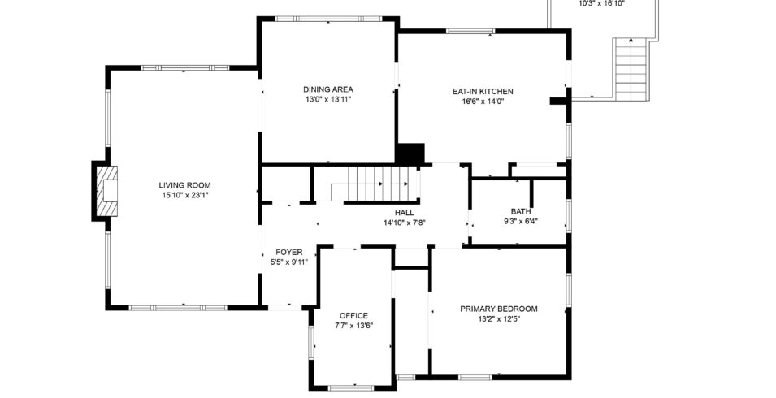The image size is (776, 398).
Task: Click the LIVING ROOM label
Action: [x=184, y=185]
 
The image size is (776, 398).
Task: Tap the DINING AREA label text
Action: [x=328, y=89]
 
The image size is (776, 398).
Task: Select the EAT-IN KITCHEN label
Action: [x=483, y=92]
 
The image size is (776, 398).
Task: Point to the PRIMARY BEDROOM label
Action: [x=498, y=309]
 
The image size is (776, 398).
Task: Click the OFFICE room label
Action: [x=353, y=315]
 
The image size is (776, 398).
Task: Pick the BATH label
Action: [x=521, y=212]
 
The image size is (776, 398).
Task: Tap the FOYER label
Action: [x=289, y=252]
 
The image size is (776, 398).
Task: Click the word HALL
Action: [x=405, y=213]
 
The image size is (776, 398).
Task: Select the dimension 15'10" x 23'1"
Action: [x=184, y=195]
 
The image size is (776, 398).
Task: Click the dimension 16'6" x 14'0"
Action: [x=483, y=102]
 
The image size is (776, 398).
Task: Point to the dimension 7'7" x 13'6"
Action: [x=353, y=326]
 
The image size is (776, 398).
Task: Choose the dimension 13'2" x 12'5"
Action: [x=498, y=319]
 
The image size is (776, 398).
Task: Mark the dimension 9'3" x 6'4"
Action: [x=521, y=222]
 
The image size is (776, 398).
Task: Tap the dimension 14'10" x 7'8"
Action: [x=405, y=223]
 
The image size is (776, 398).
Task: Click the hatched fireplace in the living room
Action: [x=107, y=191]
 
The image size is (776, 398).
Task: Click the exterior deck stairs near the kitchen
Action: [x=631, y=69]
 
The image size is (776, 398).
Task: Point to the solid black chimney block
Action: [x=410, y=154]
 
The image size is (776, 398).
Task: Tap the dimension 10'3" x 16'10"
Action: [x=602, y=3]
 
